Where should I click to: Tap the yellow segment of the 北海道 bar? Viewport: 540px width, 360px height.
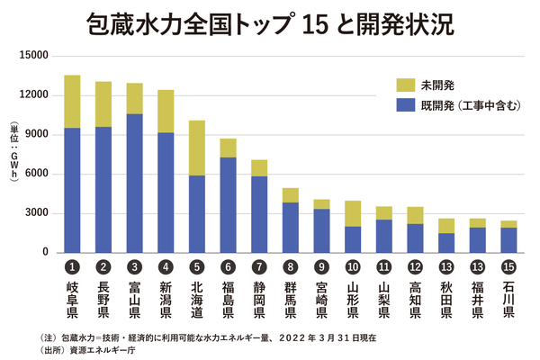(x=196, y=148)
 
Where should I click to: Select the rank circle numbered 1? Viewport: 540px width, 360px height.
(x=72, y=268)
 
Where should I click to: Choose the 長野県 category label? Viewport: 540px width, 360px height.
(x=103, y=300)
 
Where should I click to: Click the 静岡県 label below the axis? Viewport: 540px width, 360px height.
(x=258, y=300)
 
